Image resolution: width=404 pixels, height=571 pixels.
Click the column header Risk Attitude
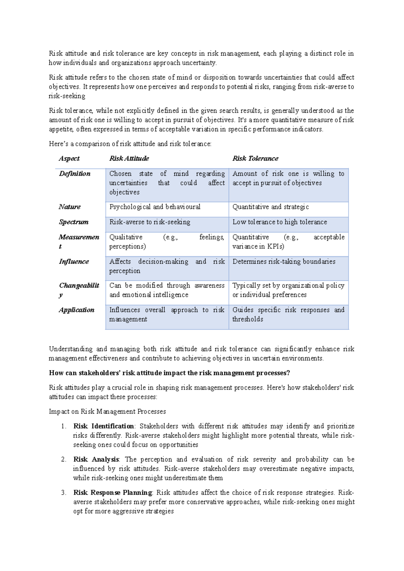(x=129, y=159)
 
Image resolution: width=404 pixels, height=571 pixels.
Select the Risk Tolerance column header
(x=255, y=159)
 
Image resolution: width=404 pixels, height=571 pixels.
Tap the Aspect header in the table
(x=69, y=159)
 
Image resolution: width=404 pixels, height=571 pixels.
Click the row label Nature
(x=70, y=207)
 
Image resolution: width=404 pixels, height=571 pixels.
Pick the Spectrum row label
(x=74, y=222)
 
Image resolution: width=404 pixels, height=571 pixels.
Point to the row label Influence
(x=74, y=262)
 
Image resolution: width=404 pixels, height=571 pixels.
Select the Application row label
(x=76, y=310)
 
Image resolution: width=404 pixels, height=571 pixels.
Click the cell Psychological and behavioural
(x=155, y=207)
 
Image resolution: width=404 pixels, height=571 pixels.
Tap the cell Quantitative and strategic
(x=270, y=207)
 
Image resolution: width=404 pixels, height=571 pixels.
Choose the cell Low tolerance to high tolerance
(x=279, y=222)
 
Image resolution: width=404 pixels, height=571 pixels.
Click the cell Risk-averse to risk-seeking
(x=149, y=222)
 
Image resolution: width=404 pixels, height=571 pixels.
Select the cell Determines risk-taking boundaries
(x=283, y=262)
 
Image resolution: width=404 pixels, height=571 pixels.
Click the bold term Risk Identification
(x=104, y=426)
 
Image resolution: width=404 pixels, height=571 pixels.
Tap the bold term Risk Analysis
(x=96, y=460)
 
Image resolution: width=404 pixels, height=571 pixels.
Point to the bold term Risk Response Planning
(x=113, y=493)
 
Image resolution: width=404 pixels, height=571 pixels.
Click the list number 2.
(x=63, y=460)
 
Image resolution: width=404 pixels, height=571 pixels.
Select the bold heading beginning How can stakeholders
(x=169, y=373)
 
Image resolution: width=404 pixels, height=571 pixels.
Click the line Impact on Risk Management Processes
(x=107, y=411)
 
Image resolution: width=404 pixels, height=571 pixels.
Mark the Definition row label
(x=75, y=174)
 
